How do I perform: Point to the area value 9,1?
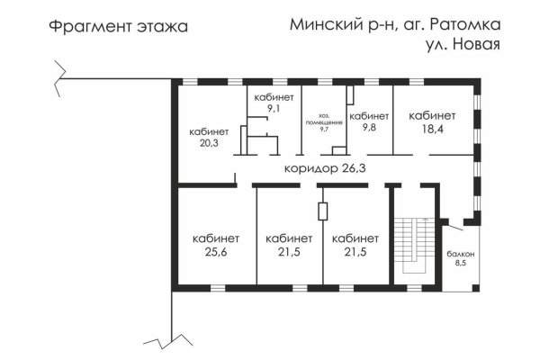[273, 108]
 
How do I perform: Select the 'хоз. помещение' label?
[324, 119]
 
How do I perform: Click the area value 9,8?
[368, 128]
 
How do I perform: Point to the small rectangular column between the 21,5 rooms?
[322, 212]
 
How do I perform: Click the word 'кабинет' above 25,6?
[215, 238]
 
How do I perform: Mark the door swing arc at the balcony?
[454, 223]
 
